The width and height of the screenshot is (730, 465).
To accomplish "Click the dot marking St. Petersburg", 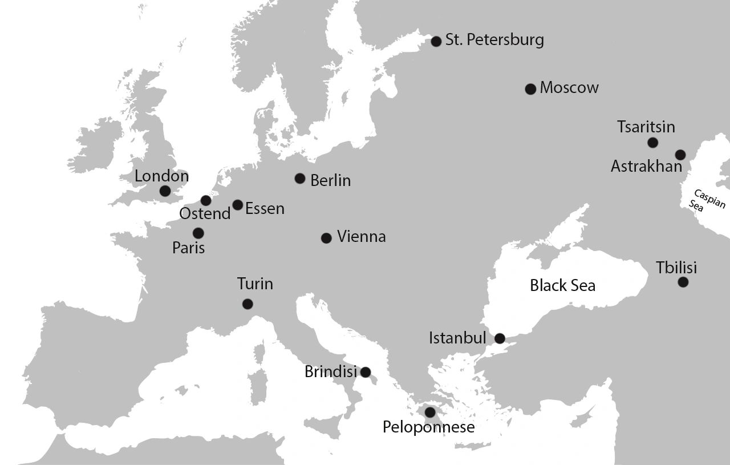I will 436,41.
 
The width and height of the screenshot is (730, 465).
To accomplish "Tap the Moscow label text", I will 569,88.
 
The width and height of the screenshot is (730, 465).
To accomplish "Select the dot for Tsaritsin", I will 652,143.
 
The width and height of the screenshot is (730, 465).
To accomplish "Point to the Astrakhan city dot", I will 680,155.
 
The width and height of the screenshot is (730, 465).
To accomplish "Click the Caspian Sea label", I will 707,201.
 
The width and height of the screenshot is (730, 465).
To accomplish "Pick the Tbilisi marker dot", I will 683,282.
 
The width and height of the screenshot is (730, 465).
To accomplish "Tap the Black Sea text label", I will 562,285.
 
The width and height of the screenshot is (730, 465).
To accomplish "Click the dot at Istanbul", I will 500,338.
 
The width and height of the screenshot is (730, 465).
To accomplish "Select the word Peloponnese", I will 428,427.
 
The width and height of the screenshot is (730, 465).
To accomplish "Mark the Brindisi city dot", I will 365,373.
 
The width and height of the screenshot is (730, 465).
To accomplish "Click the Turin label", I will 255,284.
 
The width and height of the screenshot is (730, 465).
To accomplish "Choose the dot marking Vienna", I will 326,238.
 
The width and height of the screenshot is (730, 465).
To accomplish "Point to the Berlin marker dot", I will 300,179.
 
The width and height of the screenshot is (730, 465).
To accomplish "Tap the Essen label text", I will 265,209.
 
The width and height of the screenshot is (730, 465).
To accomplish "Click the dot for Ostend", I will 206,200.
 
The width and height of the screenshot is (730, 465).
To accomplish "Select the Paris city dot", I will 198,233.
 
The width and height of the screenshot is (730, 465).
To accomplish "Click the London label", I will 161,176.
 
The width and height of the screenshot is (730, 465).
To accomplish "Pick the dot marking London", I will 165,191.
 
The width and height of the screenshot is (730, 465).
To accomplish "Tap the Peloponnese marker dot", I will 430,412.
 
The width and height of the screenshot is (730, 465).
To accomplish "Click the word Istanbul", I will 457,338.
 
